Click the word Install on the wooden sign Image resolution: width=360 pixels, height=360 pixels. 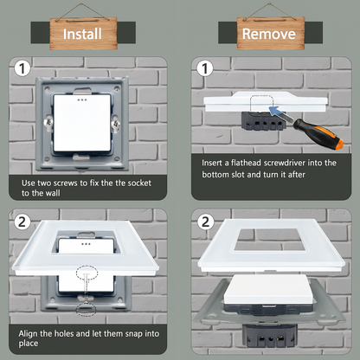pos(82,34)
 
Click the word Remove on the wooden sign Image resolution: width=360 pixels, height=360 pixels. pos(269,34)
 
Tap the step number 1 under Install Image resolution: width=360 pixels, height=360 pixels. pos(22,68)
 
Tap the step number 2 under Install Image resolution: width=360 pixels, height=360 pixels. pos(22,222)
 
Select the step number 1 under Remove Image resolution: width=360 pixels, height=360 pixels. pos(205,68)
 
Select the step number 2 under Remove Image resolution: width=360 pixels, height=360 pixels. pos(205,222)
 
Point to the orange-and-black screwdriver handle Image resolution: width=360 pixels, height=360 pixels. pos(318,134)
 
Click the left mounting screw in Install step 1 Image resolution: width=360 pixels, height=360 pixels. pos(48,123)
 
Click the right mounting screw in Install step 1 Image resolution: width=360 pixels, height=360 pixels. pos(116,124)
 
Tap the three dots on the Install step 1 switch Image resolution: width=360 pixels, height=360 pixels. pos(82,100)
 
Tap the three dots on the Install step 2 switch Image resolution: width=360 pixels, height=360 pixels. pos(86,244)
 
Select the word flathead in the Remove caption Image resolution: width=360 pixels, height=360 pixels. pos(247,163)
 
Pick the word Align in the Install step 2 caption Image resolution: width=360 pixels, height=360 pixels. pos(29,334)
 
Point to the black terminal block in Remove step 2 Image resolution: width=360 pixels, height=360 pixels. pos(270,336)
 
